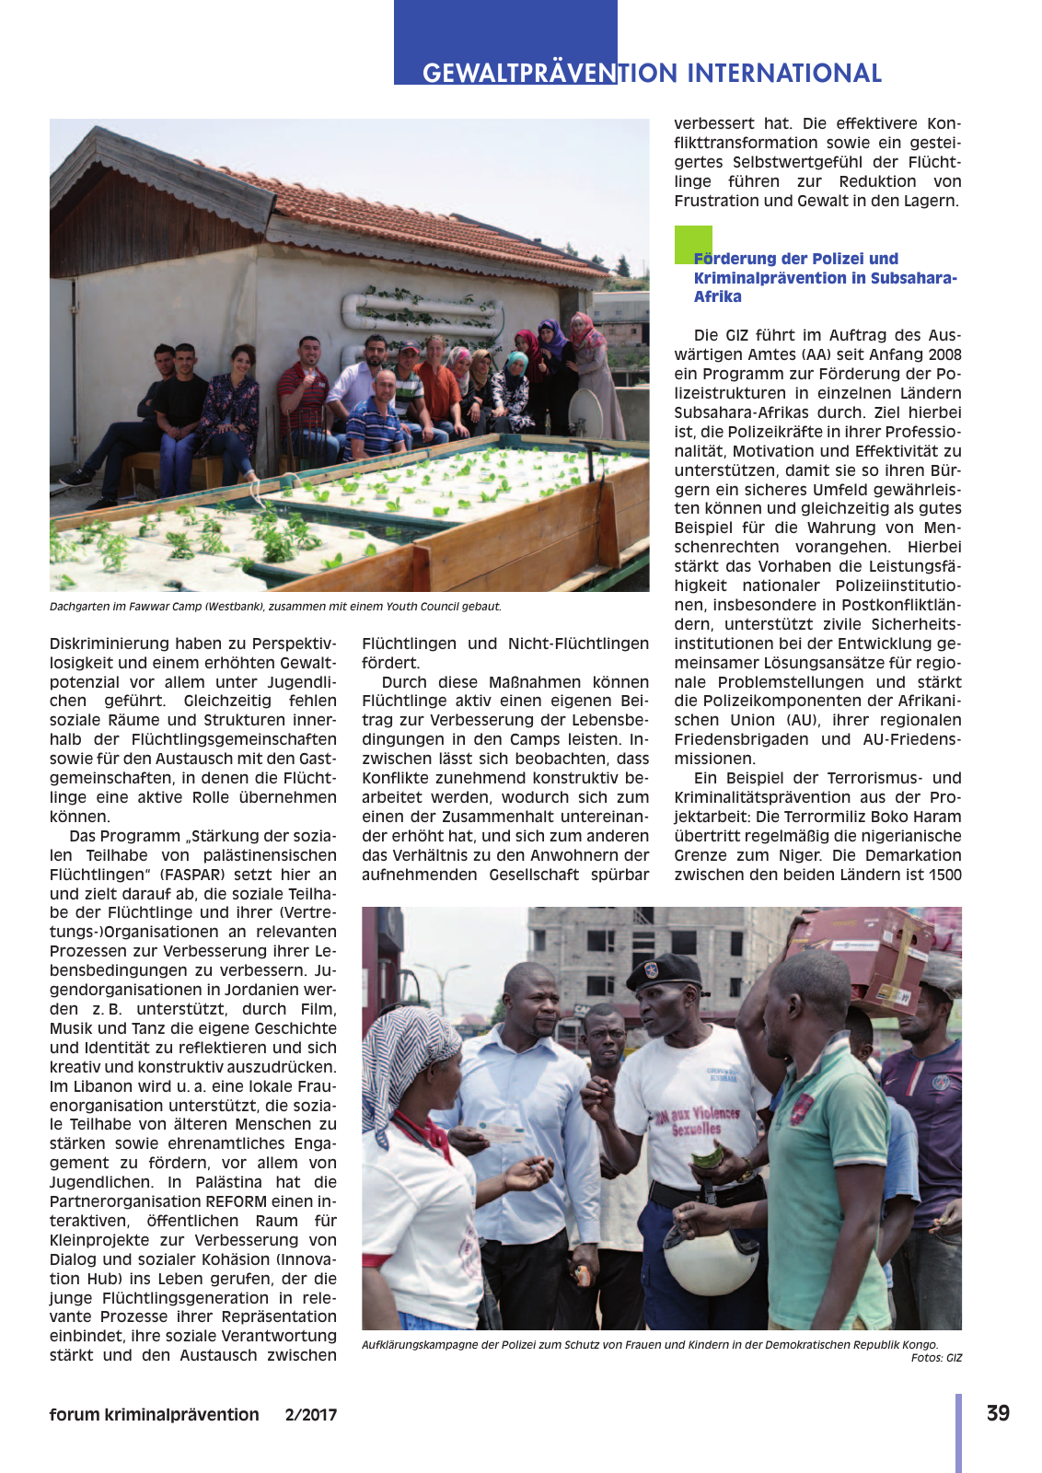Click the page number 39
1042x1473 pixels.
pos(998,1413)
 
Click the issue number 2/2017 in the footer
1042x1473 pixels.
pos(311,1415)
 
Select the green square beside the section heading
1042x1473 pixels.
pos(692,244)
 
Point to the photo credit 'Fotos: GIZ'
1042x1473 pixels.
pos(936,1358)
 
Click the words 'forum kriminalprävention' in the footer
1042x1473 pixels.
pos(154,1415)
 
